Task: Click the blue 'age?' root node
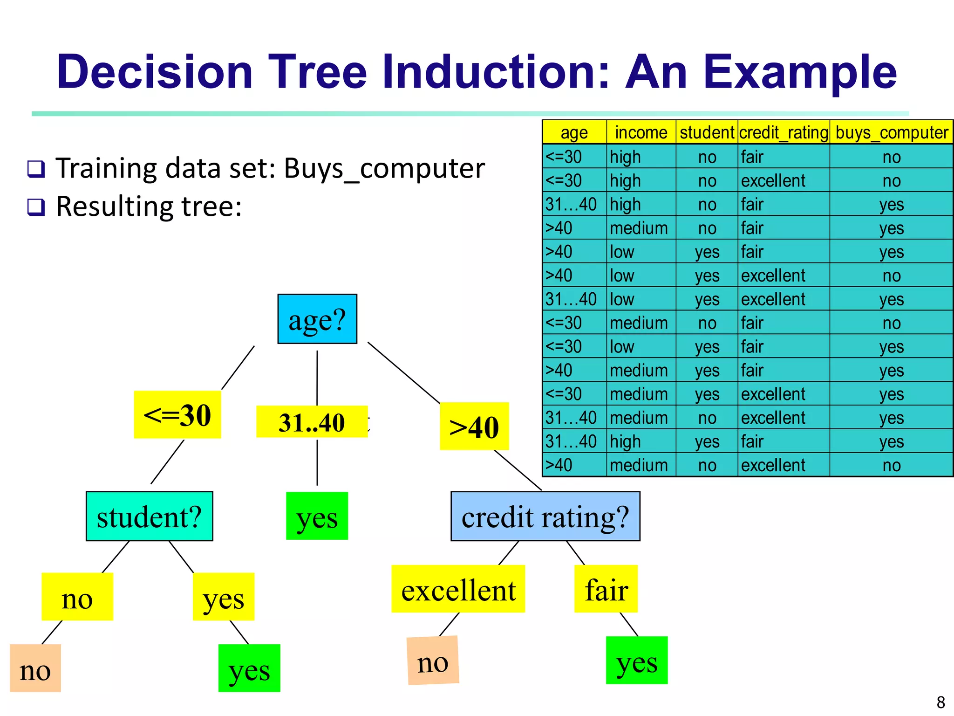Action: click(317, 319)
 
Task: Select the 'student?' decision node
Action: click(149, 516)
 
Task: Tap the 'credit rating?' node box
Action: click(545, 516)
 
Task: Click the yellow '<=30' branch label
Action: click(177, 414)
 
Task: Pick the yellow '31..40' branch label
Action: click(312, 422)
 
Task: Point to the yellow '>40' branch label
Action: click(474, 426)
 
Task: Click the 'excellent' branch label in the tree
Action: click(458, 589)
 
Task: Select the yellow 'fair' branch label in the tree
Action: click(606, 589)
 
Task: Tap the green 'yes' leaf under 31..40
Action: click(317, 516)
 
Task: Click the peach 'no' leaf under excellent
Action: click(433, 661)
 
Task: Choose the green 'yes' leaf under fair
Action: click(636, 661)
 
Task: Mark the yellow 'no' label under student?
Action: click(77, 597)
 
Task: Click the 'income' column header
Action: click(641, 132)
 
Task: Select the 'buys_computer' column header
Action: click(891, 132)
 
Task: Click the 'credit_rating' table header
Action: click(784, 132)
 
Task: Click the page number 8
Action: click(940, 702)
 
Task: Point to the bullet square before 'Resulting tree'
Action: click(36, 207)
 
